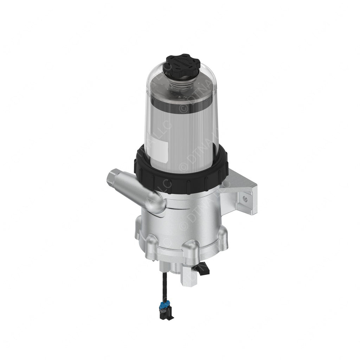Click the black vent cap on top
click(181, 64)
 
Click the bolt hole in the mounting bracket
click(245, 199)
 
